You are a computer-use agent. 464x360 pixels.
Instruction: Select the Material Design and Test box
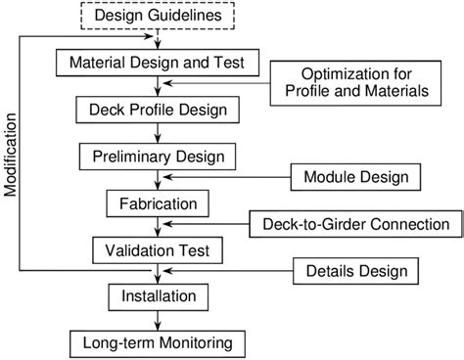[163, 63]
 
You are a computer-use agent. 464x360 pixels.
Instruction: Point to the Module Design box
[356, 177]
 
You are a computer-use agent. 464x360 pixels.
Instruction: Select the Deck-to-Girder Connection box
[355, 224]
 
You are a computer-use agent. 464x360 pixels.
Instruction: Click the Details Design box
[356, 270]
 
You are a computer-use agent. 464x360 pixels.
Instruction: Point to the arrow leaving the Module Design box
[225, 177]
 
